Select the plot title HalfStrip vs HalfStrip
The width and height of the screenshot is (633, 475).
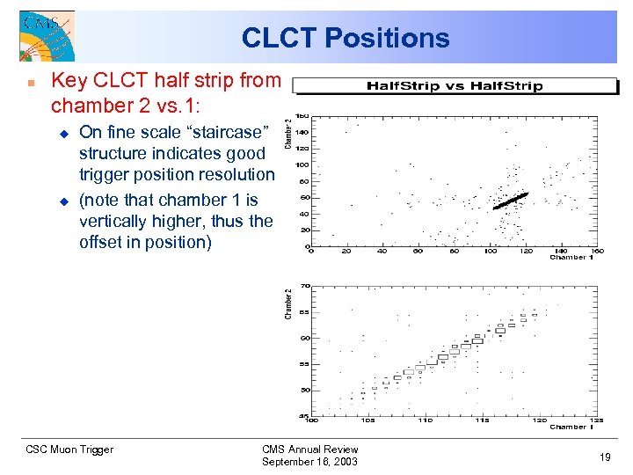(x=454, y=85)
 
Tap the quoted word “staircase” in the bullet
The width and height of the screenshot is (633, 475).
(x=226, y=132)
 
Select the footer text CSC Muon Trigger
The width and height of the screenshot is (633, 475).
(x=69, y=449)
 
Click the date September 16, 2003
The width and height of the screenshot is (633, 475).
(x=310, y=462)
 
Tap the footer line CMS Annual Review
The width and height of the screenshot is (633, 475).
(x=310, y=449)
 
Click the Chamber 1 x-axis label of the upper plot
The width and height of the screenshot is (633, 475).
(x=572, y=258)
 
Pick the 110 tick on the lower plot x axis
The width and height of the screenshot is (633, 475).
(x=426, y=420)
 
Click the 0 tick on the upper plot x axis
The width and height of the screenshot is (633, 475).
(x=310, y=251)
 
